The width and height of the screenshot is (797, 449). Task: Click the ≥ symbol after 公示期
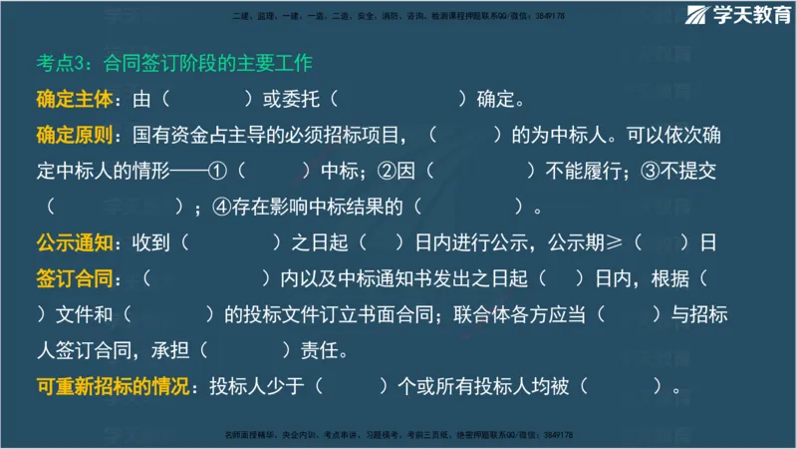[615, 243]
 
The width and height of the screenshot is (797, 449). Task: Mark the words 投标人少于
[256, 387]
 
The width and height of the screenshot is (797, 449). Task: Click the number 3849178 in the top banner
[547, 16]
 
